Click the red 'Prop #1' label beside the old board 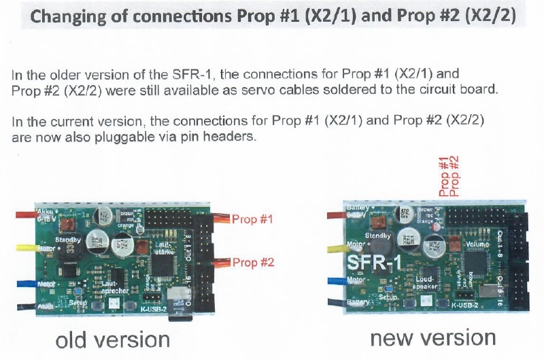tap(253, 220)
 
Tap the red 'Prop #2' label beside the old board tap(253, 263)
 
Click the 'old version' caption tap(113, 340)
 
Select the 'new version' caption tap(432, 338)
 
